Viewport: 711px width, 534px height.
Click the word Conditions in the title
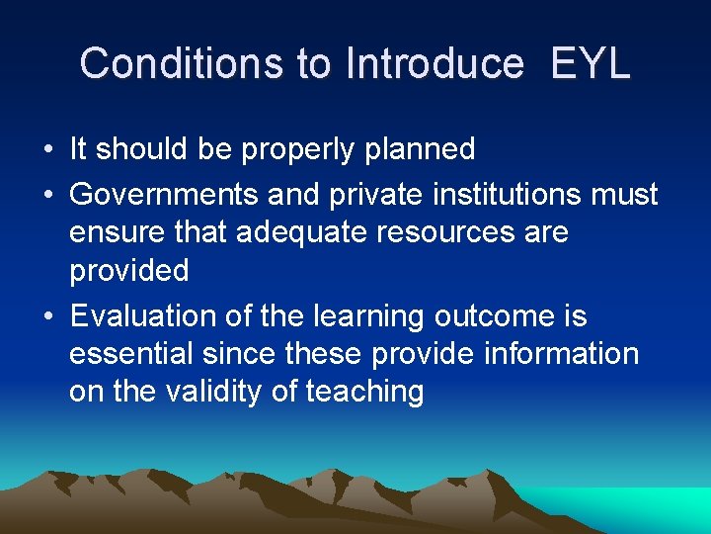(x=184, y=63)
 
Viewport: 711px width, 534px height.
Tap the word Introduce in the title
(x=434, y=63)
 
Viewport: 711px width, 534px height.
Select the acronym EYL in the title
(x=590, y=63)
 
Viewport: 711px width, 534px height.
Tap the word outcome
(x=495, y=317)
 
